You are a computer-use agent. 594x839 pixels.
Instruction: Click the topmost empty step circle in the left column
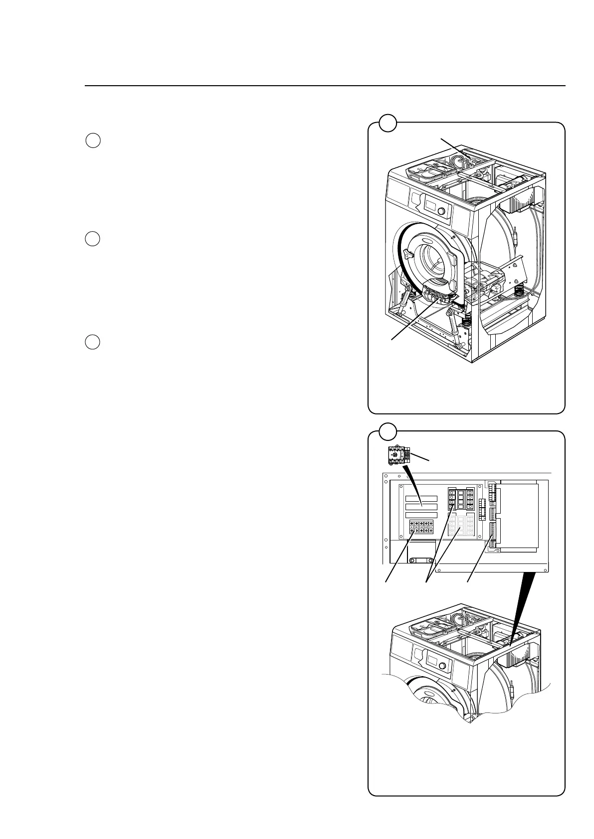93,141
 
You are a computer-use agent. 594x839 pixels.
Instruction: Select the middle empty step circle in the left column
93,239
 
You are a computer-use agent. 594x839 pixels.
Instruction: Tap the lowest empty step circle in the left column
93,342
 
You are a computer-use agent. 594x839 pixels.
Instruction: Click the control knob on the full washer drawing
441,212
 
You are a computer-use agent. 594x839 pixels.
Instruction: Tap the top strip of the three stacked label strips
421,499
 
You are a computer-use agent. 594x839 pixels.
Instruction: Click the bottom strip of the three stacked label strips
421,515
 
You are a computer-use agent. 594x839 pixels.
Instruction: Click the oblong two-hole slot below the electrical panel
421,561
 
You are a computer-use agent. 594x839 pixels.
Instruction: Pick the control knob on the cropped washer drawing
441,667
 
